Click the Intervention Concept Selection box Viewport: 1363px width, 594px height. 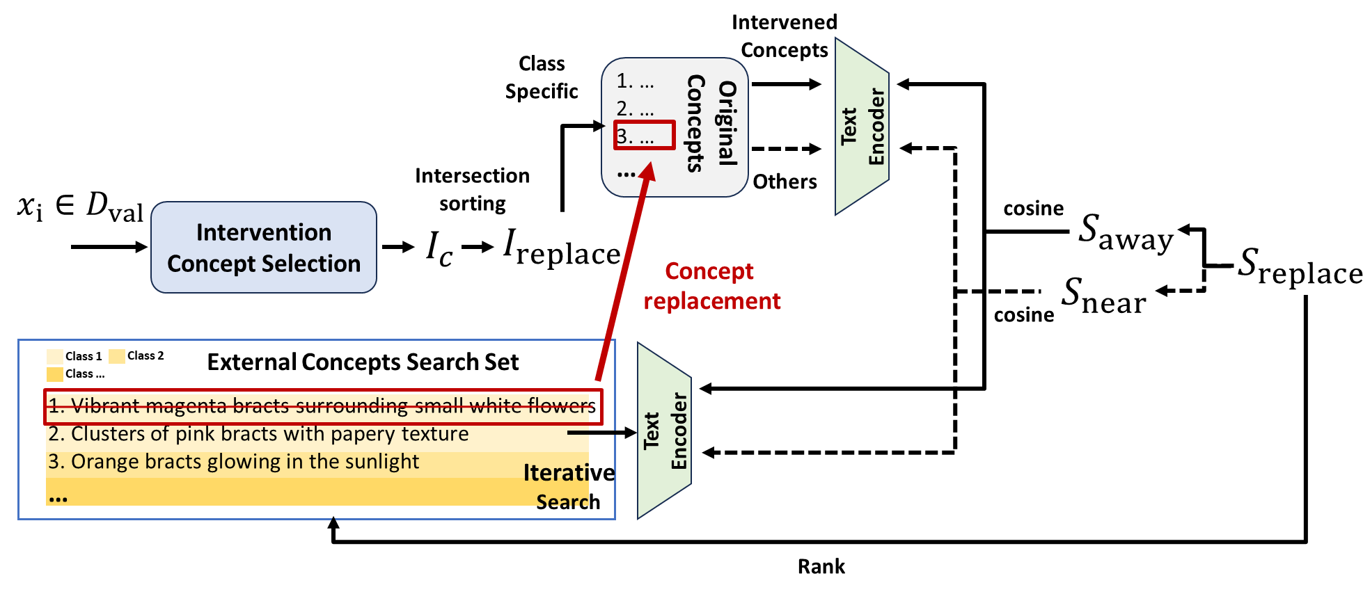tap(264, 248)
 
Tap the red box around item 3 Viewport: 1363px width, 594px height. tap(644, 135)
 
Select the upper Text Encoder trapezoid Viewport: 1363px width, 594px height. tap(862, 127)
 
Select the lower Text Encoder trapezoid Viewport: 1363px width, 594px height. tap(664, 431)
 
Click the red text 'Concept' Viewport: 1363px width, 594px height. tap(709, 271)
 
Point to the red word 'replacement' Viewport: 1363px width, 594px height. tap(711, 301)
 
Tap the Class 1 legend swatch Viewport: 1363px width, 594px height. tap(55, 356)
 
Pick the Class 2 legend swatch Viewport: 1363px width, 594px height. tap(117, 355)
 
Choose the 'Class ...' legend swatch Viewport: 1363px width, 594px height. tap(55, 374)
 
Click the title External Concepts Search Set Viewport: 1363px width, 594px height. tap(363, 362)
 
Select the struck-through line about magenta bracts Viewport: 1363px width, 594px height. tap(322, 406)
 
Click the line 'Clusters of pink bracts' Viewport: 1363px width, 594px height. tap(259, 434)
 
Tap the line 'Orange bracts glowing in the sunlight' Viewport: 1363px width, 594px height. tap(234, 462)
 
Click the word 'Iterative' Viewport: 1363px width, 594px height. tap(569, 473)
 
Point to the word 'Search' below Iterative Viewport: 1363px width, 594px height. tap(568, 502)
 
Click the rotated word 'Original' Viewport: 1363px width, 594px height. tap(727, 124)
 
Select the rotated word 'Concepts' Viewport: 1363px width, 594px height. tap(695, 124)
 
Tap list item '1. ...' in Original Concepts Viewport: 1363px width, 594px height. tap(635, 82)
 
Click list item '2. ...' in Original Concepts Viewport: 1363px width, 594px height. tap(635, 109)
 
